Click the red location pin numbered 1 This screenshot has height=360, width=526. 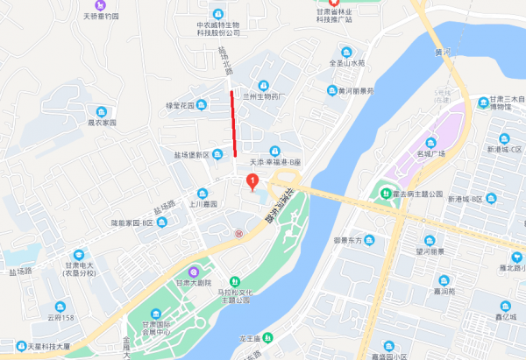point(253,182)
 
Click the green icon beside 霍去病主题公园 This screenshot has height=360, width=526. point(384,194)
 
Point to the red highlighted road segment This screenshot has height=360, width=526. point(234,124)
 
